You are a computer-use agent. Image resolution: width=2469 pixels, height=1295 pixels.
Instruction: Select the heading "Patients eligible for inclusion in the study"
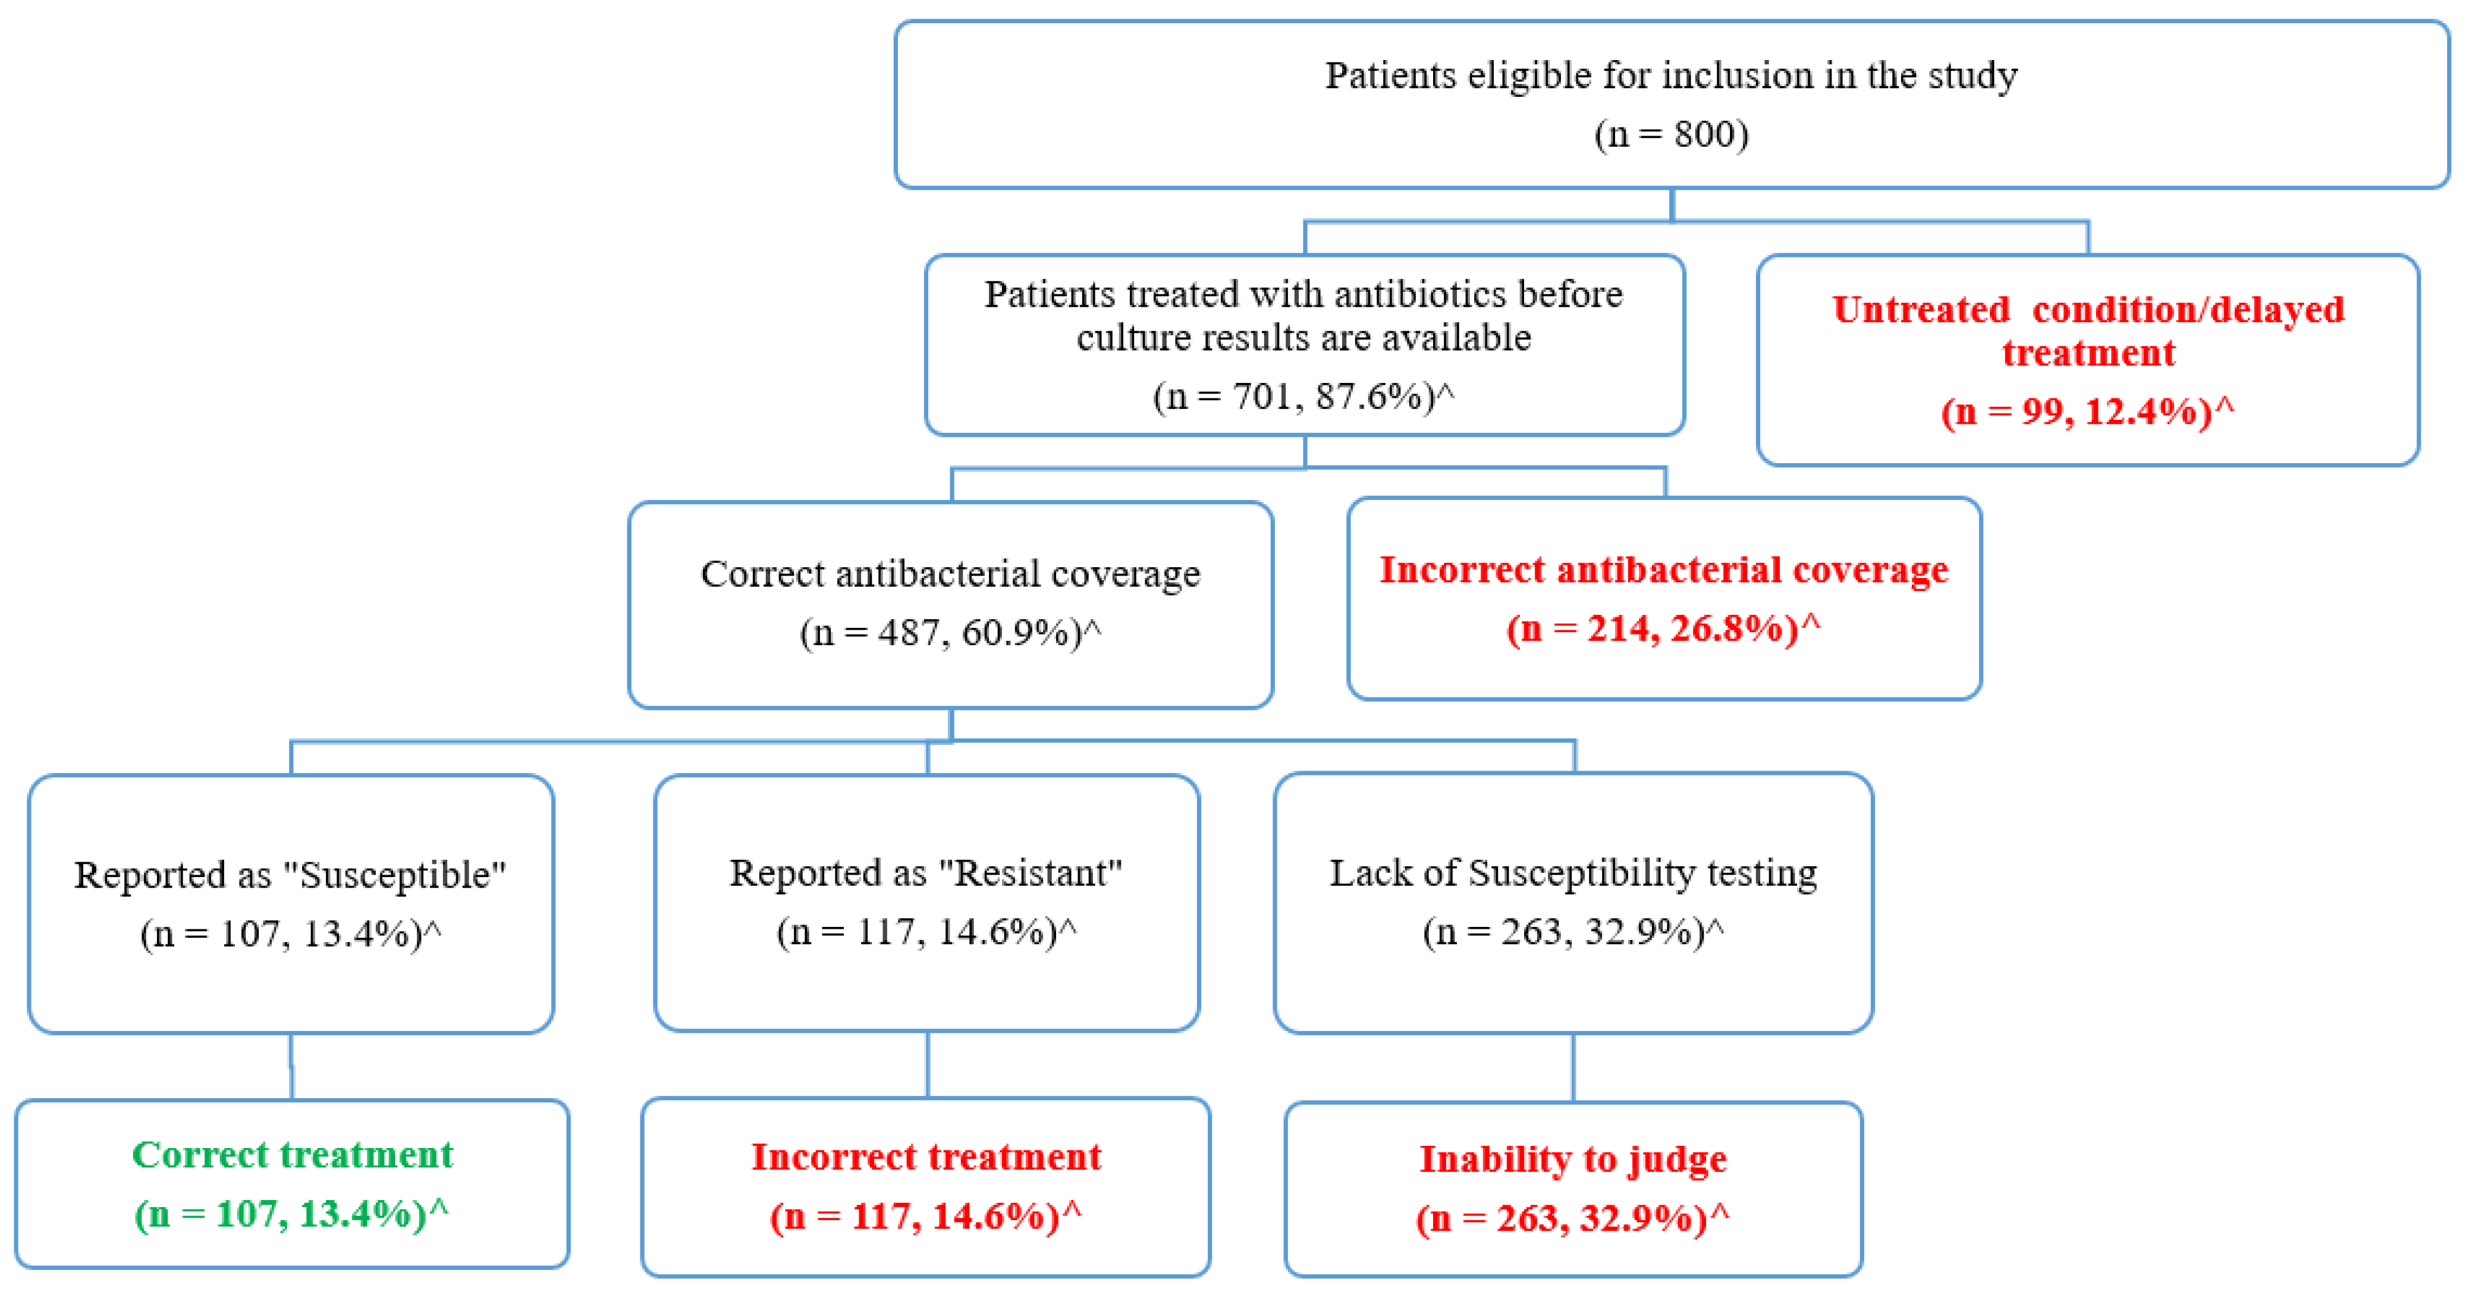pyautogui.click(x=1670, y=76)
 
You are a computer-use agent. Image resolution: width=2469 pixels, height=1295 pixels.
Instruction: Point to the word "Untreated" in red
pyautogui.click(x=1921, y=310)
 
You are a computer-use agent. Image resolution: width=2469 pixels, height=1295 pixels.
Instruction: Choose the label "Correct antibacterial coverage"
pyautogui.click(x=950, y=573)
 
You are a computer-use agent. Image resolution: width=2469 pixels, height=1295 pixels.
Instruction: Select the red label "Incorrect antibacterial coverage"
pyautogui.click(x=1663, y=570)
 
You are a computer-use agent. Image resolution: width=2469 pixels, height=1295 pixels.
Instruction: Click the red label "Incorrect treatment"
pyautogui.click(x=926, y=1157)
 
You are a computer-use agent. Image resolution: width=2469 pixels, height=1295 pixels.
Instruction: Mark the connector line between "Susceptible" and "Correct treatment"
pyautogui.click(x=291, y=1067)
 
